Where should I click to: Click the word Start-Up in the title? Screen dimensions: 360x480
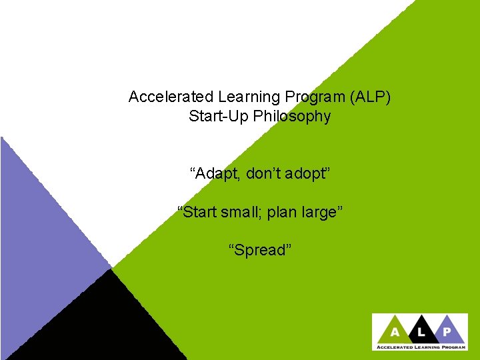(x=213, y=117)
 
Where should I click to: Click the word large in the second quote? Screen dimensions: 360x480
(x=321, y=212)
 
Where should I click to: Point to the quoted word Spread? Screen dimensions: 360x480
(x=260, y=250)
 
